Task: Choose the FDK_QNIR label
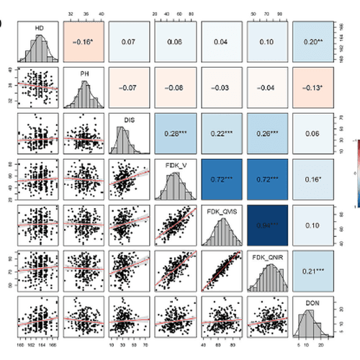pos(269,256)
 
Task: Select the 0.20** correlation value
pos(314,41)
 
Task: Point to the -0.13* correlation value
pos(314,88)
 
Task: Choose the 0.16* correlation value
pos(314,179)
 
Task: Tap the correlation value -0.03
pos(223,88)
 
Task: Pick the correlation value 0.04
pos(223,41)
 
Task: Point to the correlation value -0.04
pos(269,88)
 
